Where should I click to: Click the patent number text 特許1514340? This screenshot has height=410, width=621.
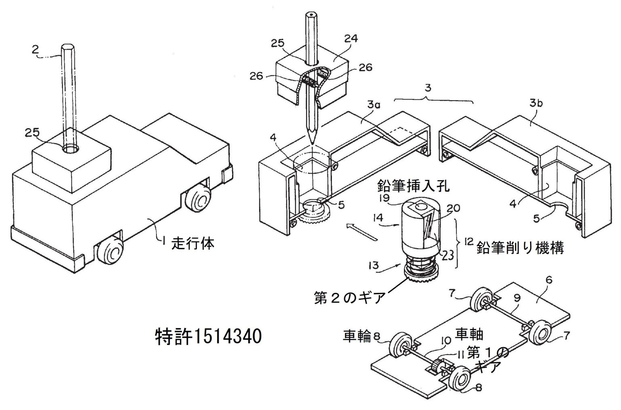[209, 336]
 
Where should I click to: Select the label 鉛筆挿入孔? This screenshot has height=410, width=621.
[413, 186]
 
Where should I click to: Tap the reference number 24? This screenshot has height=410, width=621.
[350, 38]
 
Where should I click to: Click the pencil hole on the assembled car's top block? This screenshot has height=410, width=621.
[70, 149]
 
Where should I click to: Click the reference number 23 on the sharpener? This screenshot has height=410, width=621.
[448, 254]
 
